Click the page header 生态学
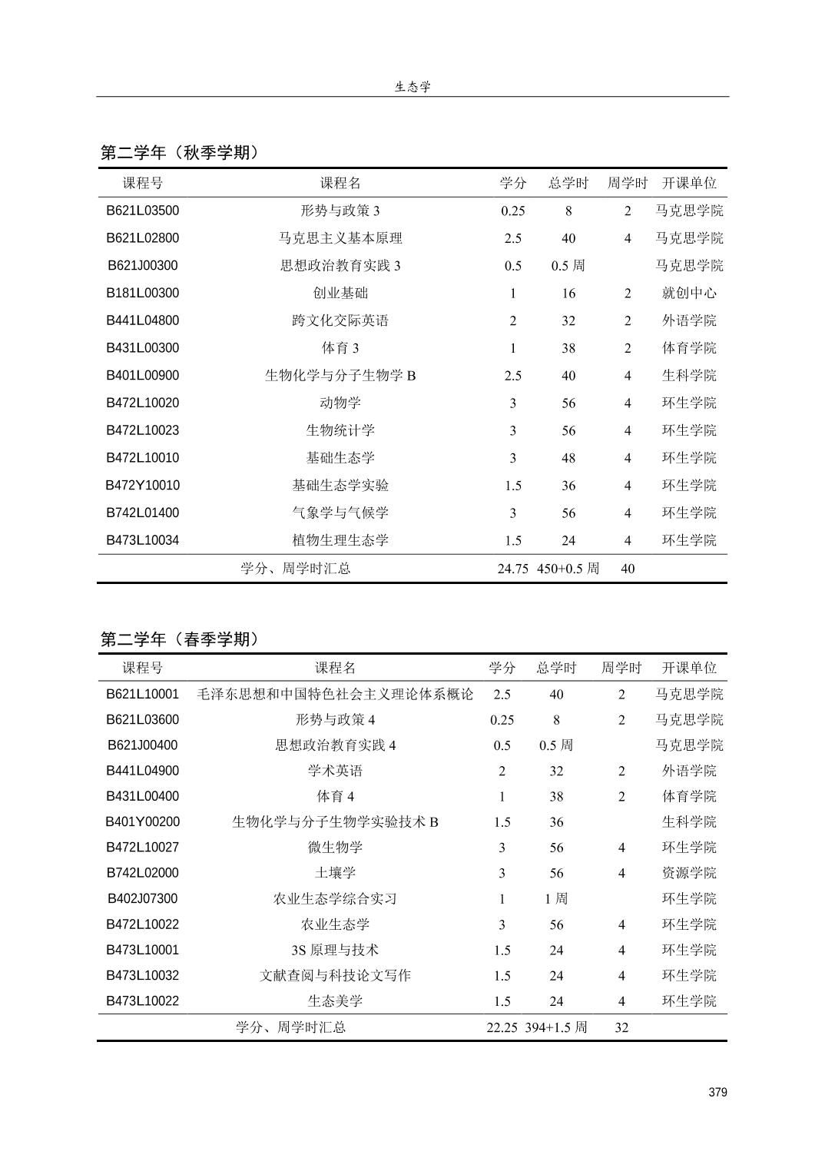(412, 87)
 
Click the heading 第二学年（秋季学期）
(180, 152)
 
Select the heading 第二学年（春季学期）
(180, 639)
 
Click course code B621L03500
(143, 211)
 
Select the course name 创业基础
(340, 293)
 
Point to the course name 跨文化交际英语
(340, 320)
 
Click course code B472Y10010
(143, 485)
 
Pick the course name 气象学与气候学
(340, 513)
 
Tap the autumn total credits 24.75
(512, 569)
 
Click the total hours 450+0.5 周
(568, 569)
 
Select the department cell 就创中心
(689, 293)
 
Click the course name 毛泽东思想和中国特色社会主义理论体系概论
(335, 694)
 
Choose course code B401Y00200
(143, 821)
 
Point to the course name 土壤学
(335, 873)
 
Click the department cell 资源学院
(689, 873)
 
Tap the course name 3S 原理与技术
(335, 950)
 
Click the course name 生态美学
(335, 1001)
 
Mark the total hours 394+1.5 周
(556, 1027)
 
